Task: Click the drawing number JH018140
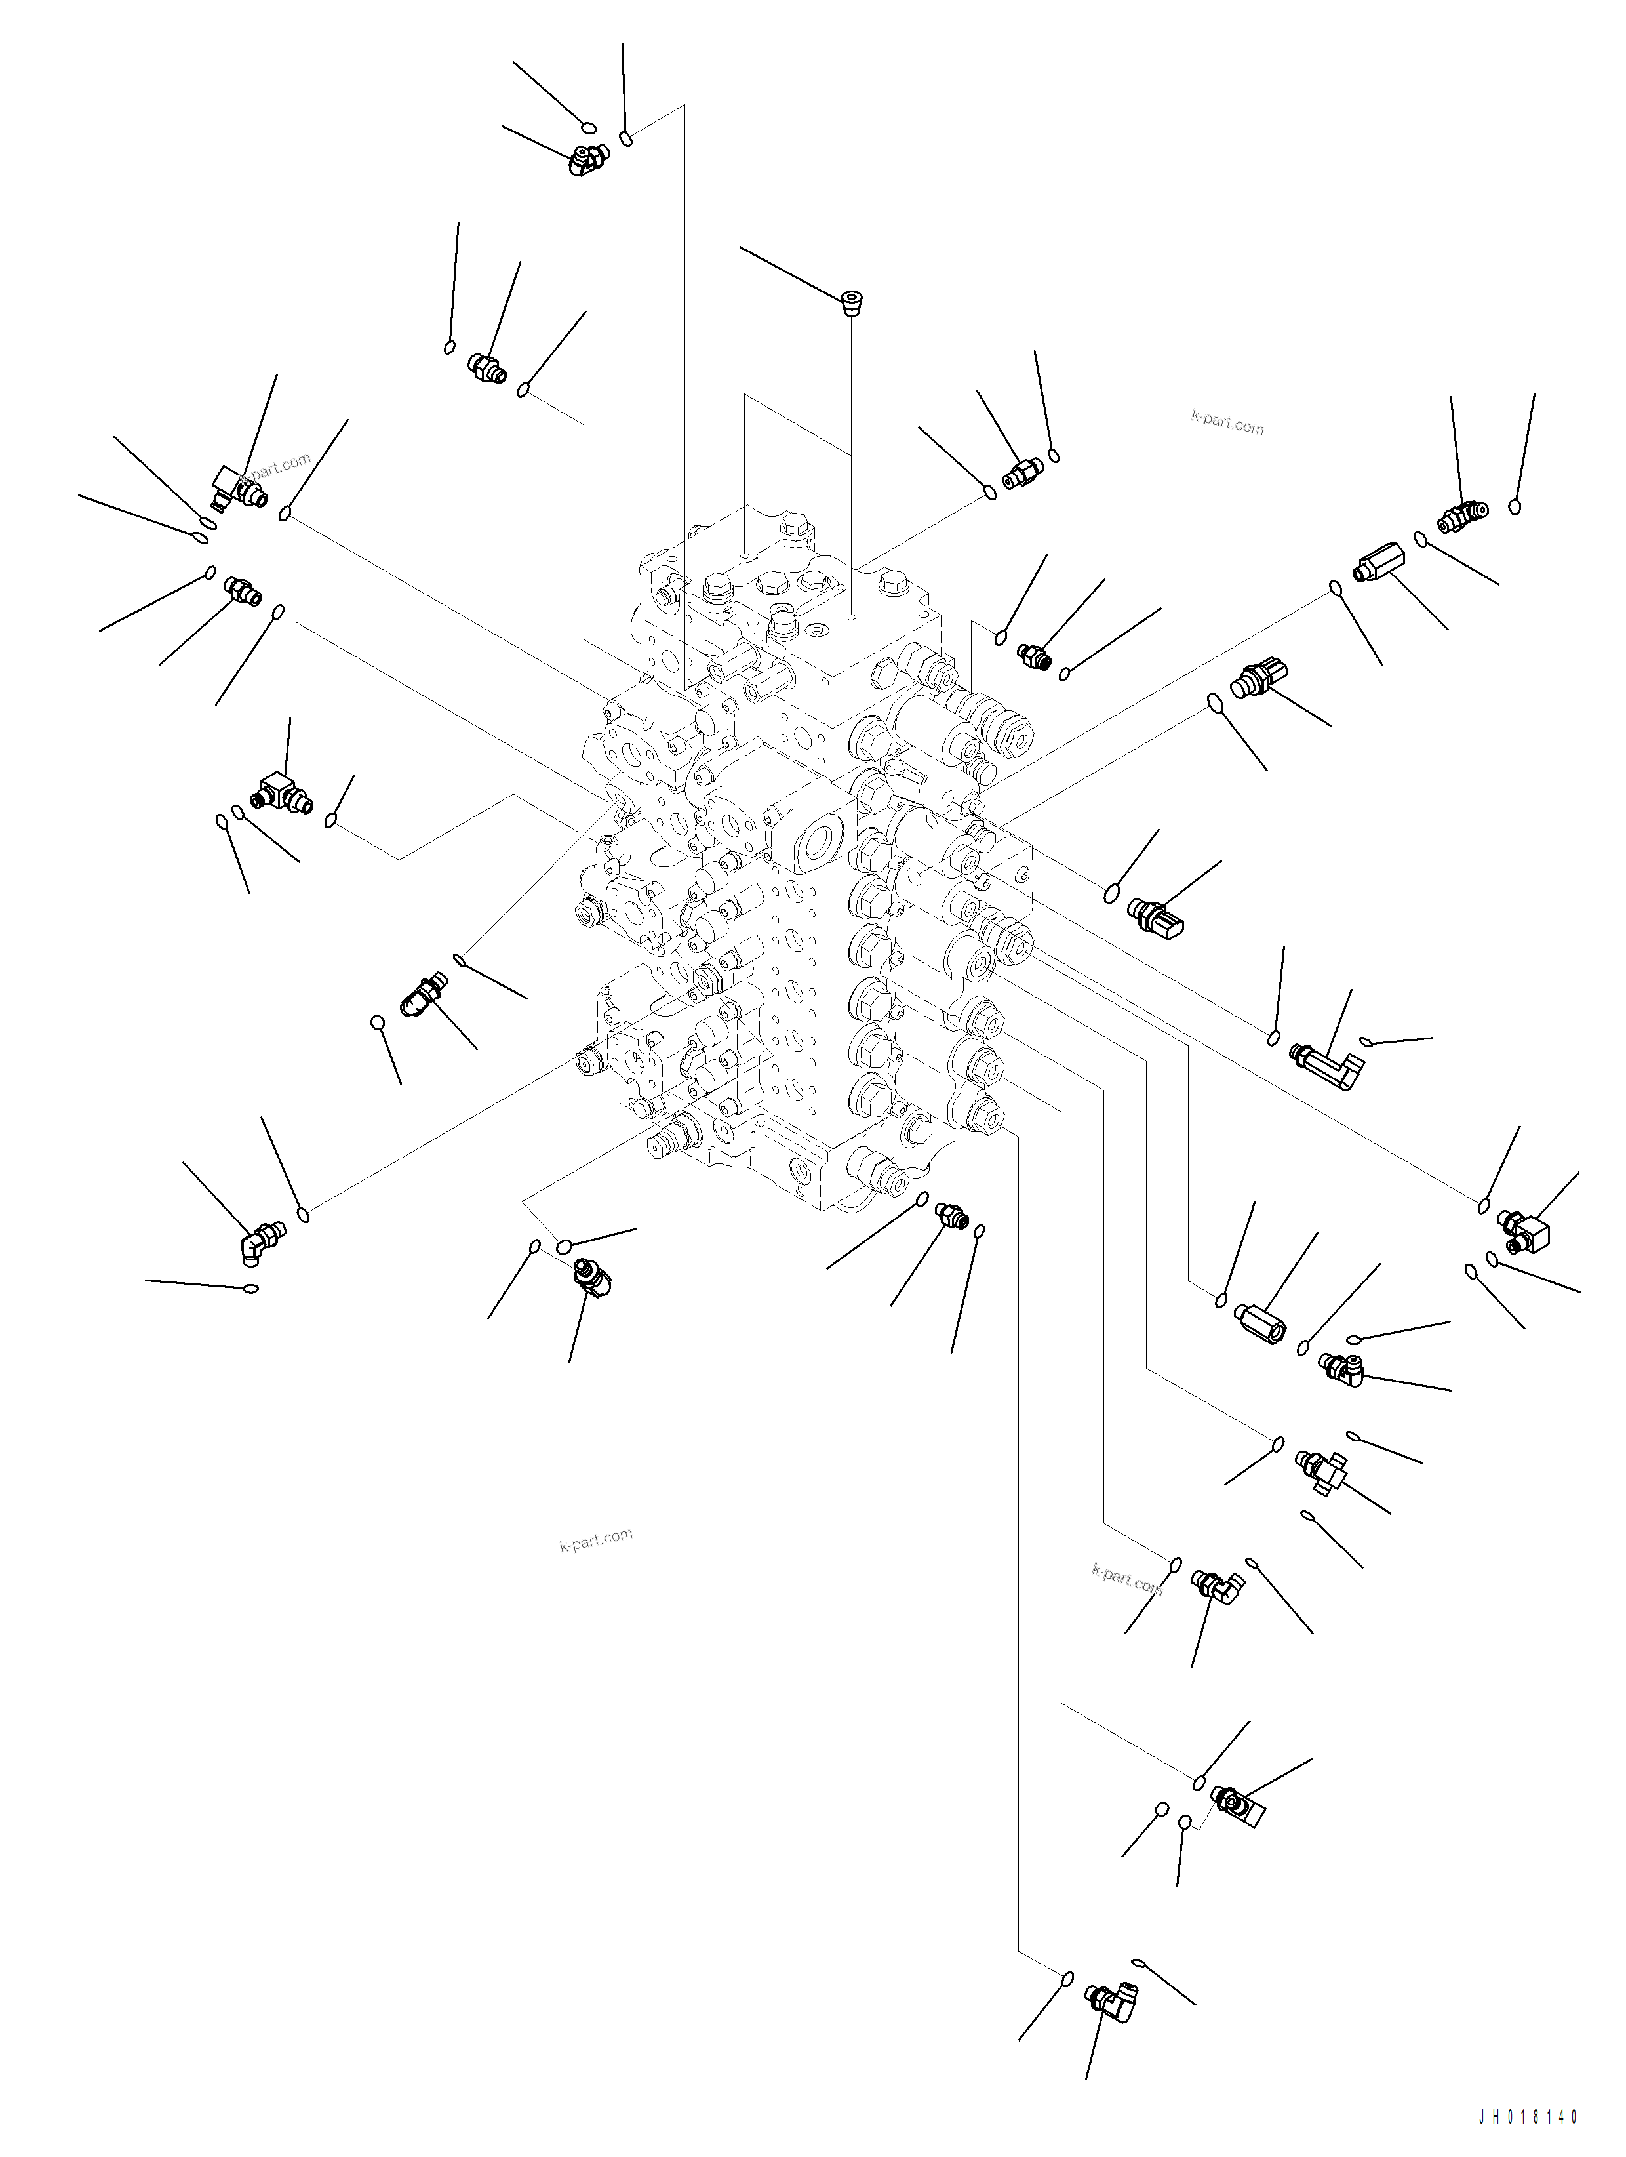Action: (x=1526, y=2135)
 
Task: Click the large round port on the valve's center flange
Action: (x=817, y=839)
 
